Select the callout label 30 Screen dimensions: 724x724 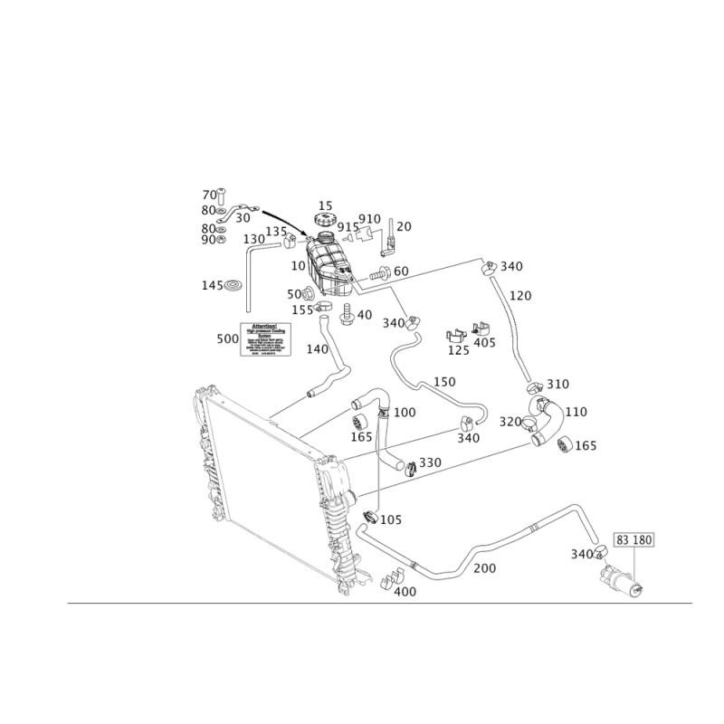[242, 218]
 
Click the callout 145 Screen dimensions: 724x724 [212, 285]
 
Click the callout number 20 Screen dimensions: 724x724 [404, 225]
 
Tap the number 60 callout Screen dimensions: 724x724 [401, 271]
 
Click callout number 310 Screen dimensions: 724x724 [557, 383]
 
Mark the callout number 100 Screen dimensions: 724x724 [405, 413]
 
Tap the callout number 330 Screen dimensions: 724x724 [429, 462]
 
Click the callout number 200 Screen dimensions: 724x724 [486, 567]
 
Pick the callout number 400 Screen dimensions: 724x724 [404, 591]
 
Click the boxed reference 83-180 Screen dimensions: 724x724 [634, 540]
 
